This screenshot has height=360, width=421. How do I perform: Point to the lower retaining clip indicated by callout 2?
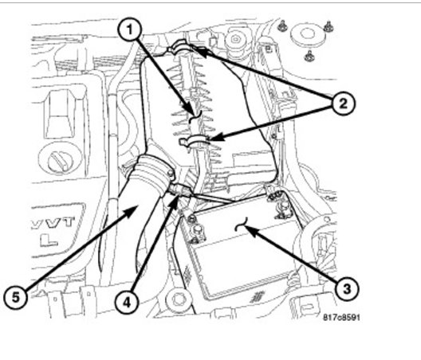[x=199, y=143]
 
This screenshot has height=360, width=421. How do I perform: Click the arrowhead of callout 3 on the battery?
[x=248, y=229]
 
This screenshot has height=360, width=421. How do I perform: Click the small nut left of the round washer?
[x=283, y=28]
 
